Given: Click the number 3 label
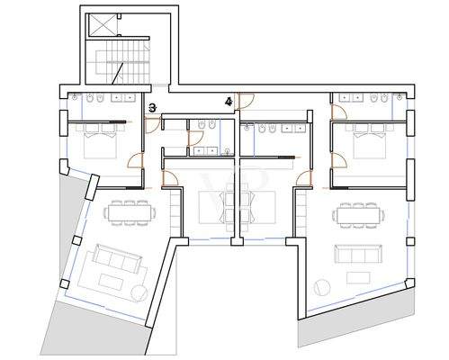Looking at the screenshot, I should click(152, 108).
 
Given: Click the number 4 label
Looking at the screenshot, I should click(229, 103).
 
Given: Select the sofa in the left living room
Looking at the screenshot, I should click(117, 260).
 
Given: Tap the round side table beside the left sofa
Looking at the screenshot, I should click(139, 292).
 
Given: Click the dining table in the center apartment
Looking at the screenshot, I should click(238, 199).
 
